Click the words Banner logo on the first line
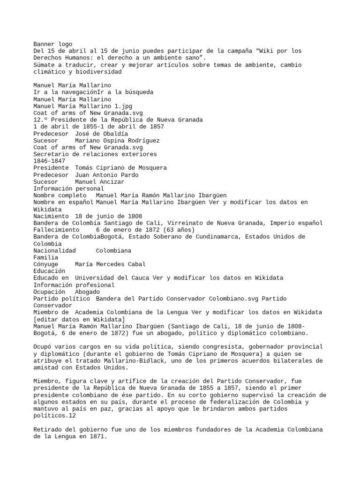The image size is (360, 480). [53, 44]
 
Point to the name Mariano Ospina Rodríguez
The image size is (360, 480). [117, 140]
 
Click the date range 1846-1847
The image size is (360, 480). [49, 161]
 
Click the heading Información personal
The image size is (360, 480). [68, 188]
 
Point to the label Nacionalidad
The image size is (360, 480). [55, 250]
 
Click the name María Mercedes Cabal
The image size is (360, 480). [110, 264]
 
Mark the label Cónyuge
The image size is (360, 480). [46, 264]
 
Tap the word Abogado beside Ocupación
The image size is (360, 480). [87, 291]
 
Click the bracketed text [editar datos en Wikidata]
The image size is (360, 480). [79, 319]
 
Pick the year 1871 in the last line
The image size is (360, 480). [97, 436]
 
